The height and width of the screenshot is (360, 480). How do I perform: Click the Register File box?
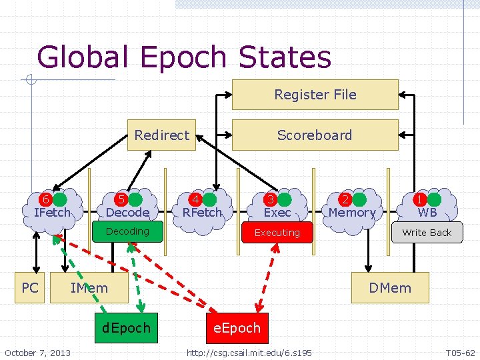point(315,95)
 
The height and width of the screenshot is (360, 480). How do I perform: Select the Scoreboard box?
point(315,135)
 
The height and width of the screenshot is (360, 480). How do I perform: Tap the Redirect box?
point(161,135)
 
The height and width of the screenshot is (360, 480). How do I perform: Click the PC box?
point(30,288)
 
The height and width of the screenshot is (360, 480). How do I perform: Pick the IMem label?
point(89,288)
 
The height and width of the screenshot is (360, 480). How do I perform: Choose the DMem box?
point(390,288)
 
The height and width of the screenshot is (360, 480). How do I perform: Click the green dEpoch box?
point(127,328)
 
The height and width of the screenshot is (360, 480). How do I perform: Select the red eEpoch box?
point(237,328)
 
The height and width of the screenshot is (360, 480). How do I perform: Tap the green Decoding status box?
point(127,231)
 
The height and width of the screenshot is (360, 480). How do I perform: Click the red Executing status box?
point(277,233)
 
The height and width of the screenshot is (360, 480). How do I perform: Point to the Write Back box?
point(427,233)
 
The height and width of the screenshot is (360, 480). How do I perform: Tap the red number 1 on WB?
point(420,199)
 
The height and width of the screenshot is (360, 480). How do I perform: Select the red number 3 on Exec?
point(271,199)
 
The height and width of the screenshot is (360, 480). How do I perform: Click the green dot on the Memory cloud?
point(359,199)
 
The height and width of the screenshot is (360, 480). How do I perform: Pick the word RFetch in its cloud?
point(202,213)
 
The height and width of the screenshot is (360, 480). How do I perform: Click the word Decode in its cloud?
point(127,213)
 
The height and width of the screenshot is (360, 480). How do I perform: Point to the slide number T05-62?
point(460,352)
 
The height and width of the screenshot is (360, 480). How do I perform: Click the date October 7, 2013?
point(37,352)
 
